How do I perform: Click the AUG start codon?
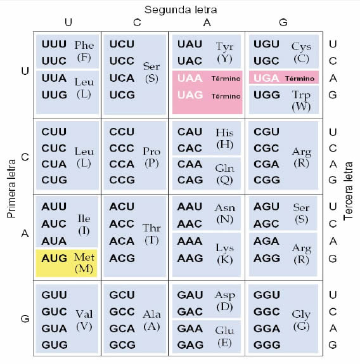pos(55,258)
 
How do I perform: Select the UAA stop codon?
pos(190,78)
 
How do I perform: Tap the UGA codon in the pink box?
pos(266,78)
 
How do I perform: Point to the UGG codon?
pos(267,95)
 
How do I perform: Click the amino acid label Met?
pos(84,257)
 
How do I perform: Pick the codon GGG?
pos(267,345)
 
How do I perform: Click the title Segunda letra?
pos(181,10)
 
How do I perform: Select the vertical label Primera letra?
pos(11,188)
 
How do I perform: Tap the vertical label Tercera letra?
pos(348,191)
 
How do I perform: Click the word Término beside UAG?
pos(226,96)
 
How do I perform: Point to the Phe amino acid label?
pos(84,45)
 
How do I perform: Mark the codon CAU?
pos(190,132)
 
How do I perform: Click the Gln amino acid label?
pos(224,169)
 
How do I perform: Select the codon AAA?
pos(190,241)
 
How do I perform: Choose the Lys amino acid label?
pos(224,248)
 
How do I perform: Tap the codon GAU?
pos(190,295)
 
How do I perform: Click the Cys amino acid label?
pos(301,47)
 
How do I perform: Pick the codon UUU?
pos(54,44)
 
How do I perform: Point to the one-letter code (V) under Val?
pos(84,326)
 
